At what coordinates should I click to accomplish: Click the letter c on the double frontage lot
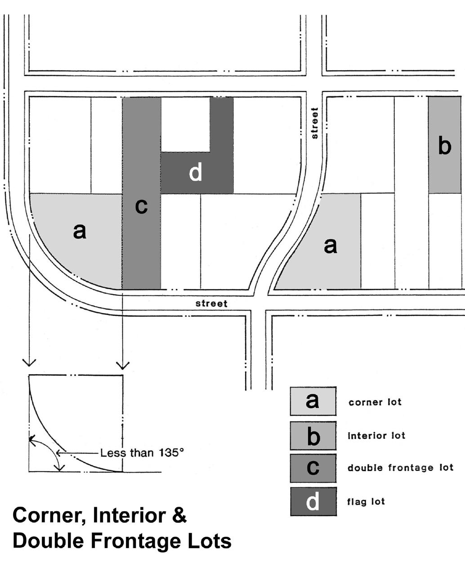pos(141,206)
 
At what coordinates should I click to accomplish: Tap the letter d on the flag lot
pos(196,173)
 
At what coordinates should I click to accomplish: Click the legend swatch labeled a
pos(313,401)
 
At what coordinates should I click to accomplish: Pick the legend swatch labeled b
pos(313,435)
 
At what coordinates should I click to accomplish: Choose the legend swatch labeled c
pos(313,468)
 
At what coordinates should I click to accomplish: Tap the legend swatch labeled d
pos(313,501)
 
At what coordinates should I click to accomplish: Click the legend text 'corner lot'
pos(375,402)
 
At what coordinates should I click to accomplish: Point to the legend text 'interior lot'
pos(376,435)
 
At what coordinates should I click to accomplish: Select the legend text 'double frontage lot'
pos(400,468)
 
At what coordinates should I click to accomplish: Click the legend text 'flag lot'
pos(366,501)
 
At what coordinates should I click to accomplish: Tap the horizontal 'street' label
pos(211,303)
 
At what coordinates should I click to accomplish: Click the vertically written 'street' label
pos(314,123)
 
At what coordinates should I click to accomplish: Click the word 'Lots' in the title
pos(211,541)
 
